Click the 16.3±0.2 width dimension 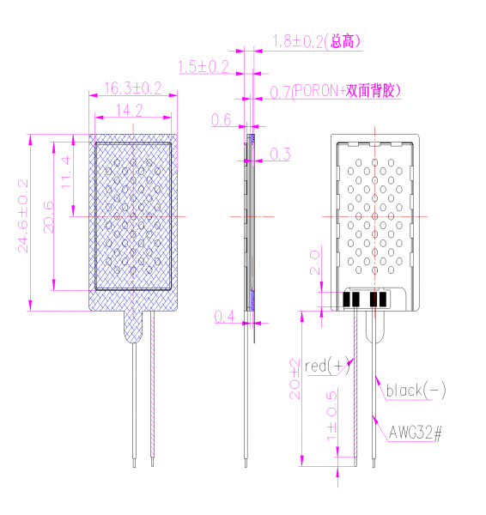133,88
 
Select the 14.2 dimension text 129,111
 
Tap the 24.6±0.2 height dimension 23,215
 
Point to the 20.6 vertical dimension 49,217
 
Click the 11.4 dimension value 66,173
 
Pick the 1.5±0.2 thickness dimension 204,67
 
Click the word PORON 317,91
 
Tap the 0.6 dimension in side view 222,119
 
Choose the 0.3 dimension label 280,154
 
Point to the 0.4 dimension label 224,317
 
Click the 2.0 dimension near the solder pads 315,263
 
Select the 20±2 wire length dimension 295,379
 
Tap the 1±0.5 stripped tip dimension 332,416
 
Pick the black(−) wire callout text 416,391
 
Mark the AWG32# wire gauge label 416,433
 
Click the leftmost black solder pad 346,299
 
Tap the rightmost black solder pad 383,299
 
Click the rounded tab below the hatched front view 133,327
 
